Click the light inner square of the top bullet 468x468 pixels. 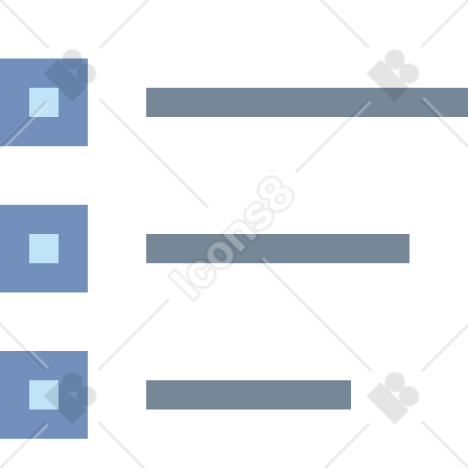pos(44,102)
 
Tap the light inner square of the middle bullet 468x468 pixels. pos(44,249)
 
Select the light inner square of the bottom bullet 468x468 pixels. pos(44,395)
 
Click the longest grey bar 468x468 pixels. pos(307,102)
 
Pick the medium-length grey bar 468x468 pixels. pos(278,249)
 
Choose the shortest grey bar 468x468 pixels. pos(249,395)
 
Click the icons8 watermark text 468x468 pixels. pos(231,239)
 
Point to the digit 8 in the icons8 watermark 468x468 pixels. pos(276,194)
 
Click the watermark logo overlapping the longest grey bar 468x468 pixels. pos(393,75)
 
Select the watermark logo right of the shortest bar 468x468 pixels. pos(393,398)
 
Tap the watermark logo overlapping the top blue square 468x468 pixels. pos(70,75)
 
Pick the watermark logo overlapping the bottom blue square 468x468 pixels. pos(70,398)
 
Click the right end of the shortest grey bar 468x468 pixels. pos(350,395)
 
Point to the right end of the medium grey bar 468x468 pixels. pos(409,249)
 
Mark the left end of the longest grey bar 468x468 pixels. pos(147,102)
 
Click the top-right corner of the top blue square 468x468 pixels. pos(88,58)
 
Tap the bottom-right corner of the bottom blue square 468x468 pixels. pos(88,439)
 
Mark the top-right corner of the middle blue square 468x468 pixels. pos(88,205)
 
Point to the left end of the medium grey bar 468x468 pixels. pos(147,249)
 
